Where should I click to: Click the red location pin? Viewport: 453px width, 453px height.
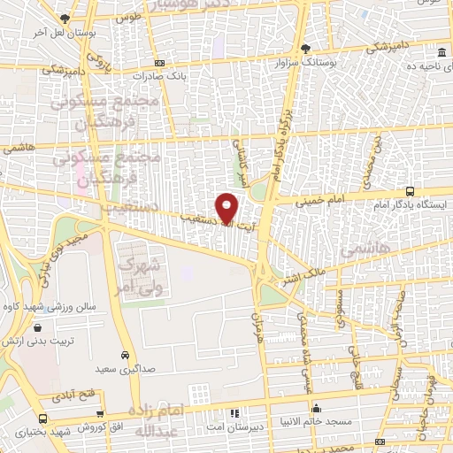228,208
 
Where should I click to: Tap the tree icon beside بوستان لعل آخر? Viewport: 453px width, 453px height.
65,19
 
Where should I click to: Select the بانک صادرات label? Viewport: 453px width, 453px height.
159,76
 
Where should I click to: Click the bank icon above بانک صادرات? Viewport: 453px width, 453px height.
159,63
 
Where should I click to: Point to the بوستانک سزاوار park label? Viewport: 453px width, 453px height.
306,62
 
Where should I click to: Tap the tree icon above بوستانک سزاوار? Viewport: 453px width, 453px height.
306,49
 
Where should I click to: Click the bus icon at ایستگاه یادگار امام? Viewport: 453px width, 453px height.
410,190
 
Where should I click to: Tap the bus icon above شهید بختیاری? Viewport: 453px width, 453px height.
41,418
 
